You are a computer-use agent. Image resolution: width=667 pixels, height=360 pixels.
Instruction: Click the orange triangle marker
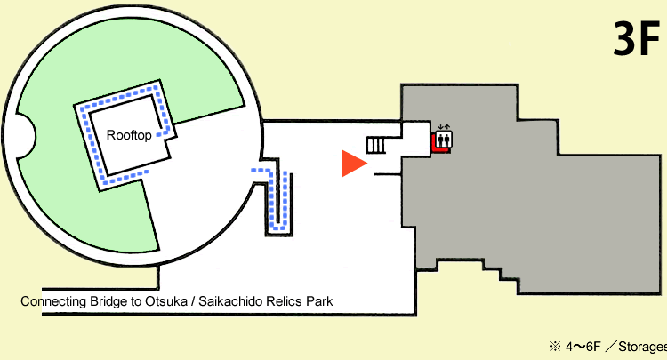point(353,164)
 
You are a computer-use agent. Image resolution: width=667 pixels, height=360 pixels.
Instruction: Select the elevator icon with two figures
point(443,140)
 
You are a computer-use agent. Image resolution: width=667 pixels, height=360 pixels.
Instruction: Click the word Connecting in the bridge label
point(50,301)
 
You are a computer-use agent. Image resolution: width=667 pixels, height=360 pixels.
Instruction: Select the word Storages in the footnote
point(641,347)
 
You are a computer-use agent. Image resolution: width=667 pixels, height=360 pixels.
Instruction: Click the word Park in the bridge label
point(318,301)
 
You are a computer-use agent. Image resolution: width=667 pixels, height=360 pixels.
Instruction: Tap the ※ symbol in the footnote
point(553,347)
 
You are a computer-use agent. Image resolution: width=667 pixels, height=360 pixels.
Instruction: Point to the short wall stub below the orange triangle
point(386,175)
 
